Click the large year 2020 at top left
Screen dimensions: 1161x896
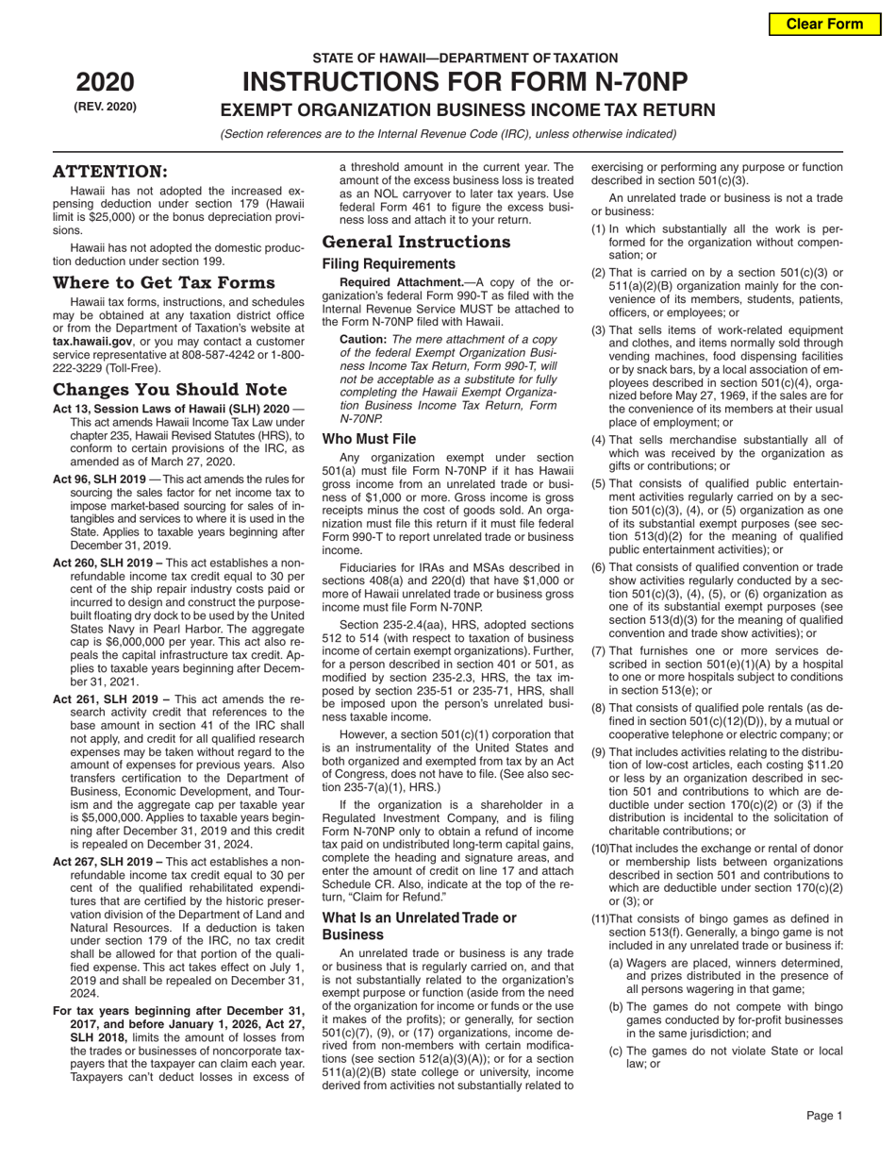coord(105,82)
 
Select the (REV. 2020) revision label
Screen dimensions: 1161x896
coord(105,107)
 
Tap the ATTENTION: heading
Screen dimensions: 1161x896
coord(110,171)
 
